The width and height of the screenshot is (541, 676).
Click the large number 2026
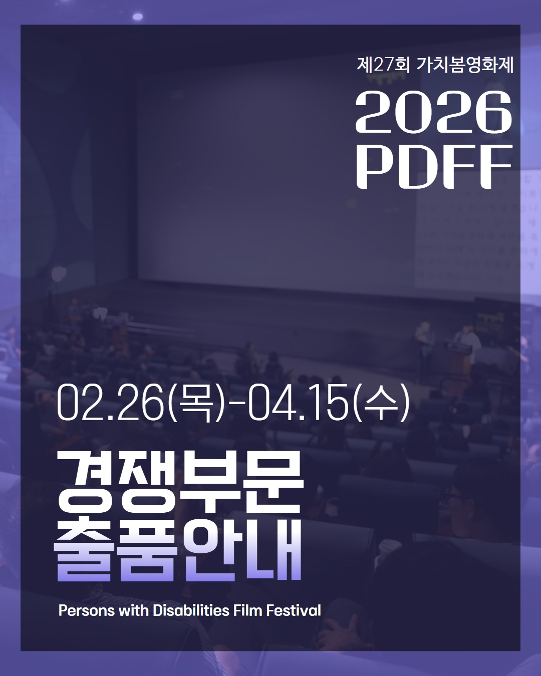(x=434, y=112)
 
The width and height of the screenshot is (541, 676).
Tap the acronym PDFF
(x=434, y=167)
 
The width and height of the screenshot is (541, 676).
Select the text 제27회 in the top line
(x=383, y=65)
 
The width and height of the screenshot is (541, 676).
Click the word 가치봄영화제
(x=465, y=65)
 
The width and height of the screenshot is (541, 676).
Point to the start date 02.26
(x=111, y=403)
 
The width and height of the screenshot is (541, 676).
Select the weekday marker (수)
(x=381, y=403)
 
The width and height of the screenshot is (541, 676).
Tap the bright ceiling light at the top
(x=137, y=17)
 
